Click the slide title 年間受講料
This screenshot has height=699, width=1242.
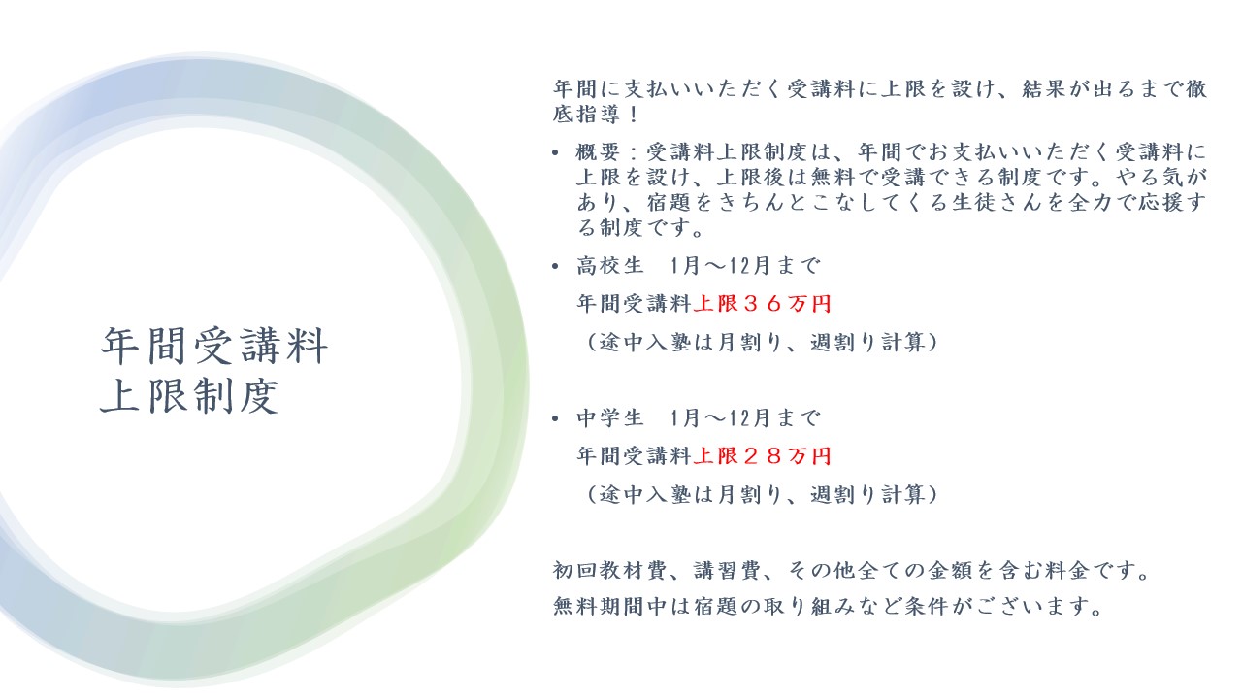coord(214,346)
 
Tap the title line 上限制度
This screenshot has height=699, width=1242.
coord(189,396)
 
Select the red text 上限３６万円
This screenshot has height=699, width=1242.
coord(763,304)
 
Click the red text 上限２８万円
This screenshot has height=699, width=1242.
coord(763,456)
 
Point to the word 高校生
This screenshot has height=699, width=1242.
coord(610,266)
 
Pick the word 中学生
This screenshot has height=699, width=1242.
coord(610,417)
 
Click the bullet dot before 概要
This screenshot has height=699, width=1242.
coord(556,152)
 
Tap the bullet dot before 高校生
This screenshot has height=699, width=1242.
coord(556,267)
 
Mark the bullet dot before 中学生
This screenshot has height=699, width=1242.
coord(556,418)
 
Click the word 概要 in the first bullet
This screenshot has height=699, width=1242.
coord(599,151)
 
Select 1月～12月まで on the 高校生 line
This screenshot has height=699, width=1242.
coord(744,266)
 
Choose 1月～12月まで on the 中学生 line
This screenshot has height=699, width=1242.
coord(744,417)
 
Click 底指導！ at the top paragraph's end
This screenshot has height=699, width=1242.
coord(597,115)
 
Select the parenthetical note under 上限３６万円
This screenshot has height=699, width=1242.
coord(761,342)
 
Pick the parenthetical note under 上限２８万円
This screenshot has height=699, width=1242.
coord(761,494)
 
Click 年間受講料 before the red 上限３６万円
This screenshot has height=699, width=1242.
coord(635,304)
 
